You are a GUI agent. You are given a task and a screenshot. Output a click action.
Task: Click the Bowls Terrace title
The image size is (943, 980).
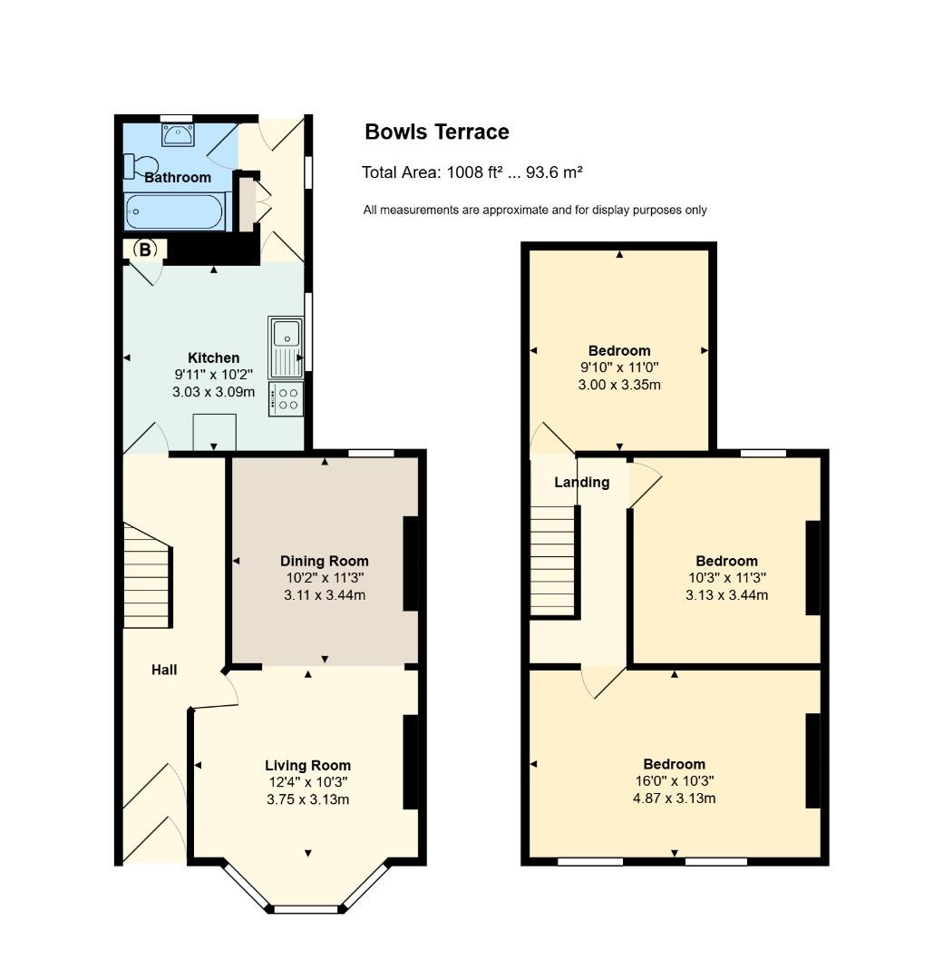coord(436,132)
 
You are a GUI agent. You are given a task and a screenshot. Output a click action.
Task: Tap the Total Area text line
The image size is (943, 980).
coord(471,172)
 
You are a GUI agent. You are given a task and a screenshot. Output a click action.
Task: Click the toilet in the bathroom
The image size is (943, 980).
coord(141,166)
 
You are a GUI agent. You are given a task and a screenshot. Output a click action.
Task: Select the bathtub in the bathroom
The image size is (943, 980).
coord(173,212)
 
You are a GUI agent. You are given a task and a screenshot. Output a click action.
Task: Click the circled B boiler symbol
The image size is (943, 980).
coord(144,249)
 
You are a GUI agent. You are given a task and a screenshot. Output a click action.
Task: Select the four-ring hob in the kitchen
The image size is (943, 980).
coord(287,399)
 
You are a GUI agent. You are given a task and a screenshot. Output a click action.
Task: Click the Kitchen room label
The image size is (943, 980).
coord(213,358)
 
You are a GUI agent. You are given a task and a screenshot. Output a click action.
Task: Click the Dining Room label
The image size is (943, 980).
coord(324,561)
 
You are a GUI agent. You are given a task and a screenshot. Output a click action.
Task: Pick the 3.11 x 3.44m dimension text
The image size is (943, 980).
coord(324,595)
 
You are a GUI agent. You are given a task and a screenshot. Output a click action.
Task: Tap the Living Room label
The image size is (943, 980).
coord(307,765)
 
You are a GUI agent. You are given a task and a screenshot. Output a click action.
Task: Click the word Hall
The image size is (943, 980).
coord(164,670)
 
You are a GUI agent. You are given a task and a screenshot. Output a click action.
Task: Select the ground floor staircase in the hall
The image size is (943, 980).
coord(147,576)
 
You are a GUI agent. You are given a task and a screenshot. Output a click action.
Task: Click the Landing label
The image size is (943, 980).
coord(581,482)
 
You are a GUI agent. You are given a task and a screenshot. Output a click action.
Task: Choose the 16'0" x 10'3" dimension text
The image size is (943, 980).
coord(674,781)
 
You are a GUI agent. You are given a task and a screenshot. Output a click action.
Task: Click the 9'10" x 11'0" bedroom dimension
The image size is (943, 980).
coord(619,367)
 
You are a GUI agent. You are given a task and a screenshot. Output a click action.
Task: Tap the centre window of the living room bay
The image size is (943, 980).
coord(306,908)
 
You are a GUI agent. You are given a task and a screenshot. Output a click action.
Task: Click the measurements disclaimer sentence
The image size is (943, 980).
coord(535,211)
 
